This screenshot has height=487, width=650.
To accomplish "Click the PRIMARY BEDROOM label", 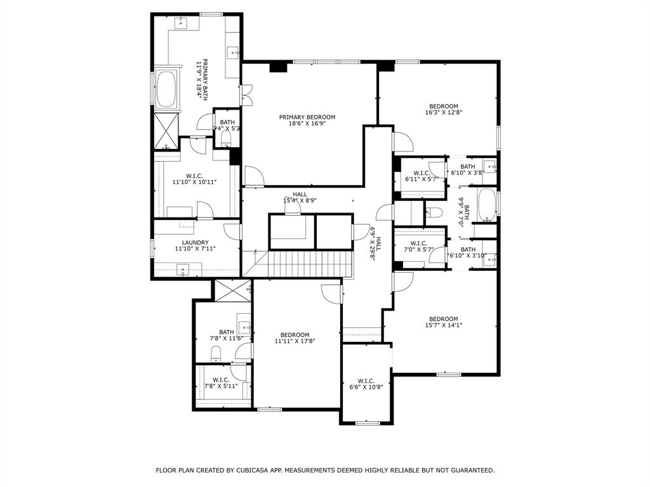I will click(307, 117).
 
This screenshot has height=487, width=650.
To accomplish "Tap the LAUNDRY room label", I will click(195, 242).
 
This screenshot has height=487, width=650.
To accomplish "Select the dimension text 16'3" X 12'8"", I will click(443, 113).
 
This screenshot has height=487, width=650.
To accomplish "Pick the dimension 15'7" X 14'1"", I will click(443, 325).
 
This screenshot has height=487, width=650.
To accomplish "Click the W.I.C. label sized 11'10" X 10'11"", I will click(194, 176).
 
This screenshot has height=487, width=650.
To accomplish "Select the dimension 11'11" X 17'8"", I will click(295, 341).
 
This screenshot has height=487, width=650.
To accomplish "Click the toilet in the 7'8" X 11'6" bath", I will click(215, 353).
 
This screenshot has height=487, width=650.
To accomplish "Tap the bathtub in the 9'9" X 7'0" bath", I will click(486, 205).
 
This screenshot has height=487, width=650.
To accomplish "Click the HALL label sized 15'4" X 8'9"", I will click(300, 194).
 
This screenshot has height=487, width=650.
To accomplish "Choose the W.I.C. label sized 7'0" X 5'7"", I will click(418, 243).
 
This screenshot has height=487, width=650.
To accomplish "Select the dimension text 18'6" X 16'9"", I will click(307, 124).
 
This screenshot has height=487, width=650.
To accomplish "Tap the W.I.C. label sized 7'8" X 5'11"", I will click(221, 380).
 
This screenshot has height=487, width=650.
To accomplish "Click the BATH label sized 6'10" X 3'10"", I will click(468, 249).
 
